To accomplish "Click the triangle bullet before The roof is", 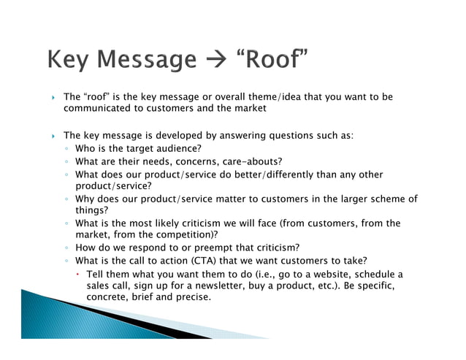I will click(52, 97).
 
